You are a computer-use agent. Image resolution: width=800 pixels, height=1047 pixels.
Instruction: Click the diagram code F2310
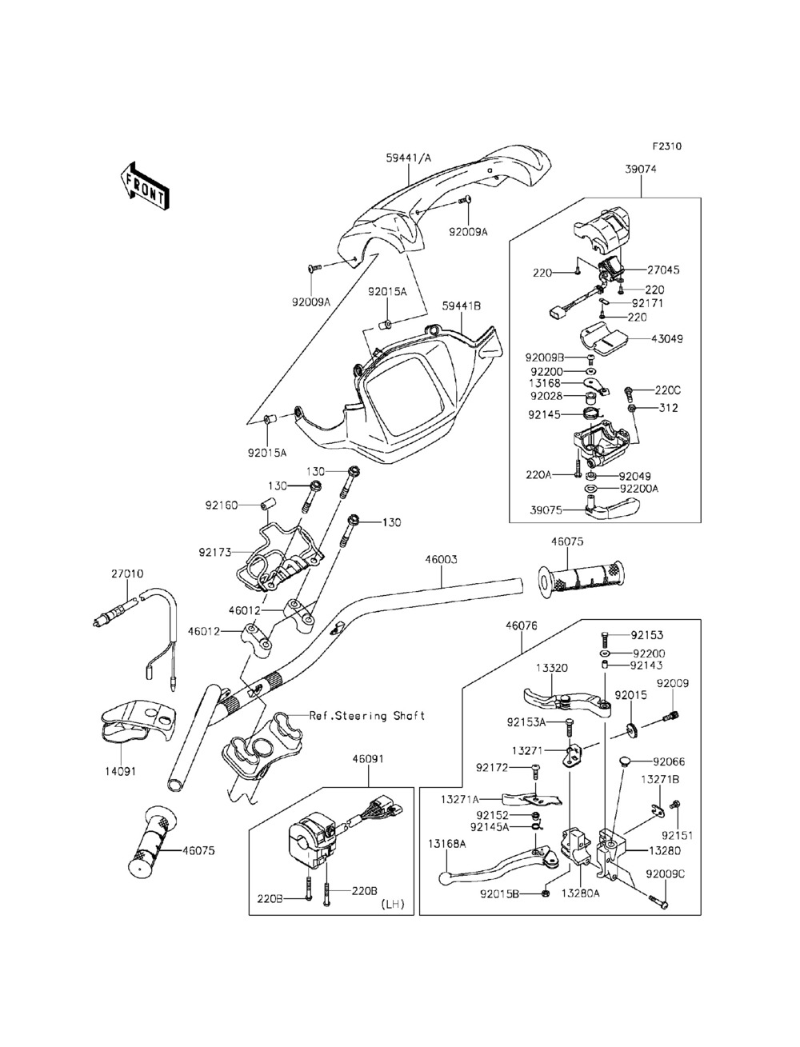pyautogui.click(x=667, y=146)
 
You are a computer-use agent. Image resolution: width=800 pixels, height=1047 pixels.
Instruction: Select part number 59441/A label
pyautogui.click(x=408, y=158)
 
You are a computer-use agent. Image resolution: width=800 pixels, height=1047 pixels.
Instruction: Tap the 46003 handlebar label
pyautogui.click(x=441, y=559)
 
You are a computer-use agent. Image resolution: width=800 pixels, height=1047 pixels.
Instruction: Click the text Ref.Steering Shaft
pyautogui.click(x=367, y=716)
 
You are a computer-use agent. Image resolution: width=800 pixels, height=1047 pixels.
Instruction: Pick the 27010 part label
pyautogui.click(x=127, y=573)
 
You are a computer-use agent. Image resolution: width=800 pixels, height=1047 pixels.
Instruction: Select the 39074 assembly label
pyautogui.click(x=640, y=169)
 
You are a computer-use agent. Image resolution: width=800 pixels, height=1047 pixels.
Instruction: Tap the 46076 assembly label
pyautogui.click(x=522, y=625)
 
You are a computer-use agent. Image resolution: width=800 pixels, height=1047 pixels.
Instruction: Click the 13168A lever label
pyautogui.click(x=446, y=844)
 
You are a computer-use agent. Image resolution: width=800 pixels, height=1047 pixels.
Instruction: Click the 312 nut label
pyautogui.click(x=668, y=408)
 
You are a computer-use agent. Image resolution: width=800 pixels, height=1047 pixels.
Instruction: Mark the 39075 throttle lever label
pyautogui.click(x=546, y=510)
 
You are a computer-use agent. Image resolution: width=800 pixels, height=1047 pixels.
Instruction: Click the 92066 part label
pyautogui.click(x=669, y=761)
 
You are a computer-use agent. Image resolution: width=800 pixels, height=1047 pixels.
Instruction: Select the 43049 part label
pyautogui.click(x=667, y=338)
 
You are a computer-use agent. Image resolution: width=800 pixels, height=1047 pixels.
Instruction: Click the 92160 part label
pyautogui.click(x=222, y=505)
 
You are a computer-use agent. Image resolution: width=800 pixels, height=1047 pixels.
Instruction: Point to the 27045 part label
pyautogui.click(x=663, y=270)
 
